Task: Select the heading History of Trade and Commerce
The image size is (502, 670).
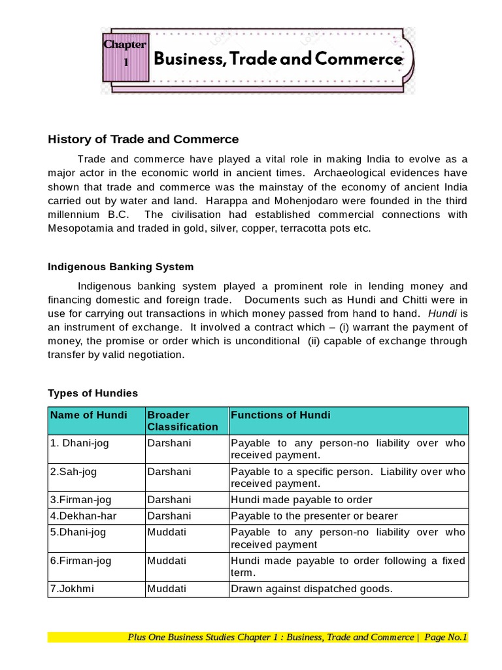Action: click(143, 139)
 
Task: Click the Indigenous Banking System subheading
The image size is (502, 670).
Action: click(121, 267)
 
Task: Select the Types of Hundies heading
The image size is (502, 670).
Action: click(93, 393)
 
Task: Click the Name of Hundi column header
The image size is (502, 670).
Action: click(89, 415)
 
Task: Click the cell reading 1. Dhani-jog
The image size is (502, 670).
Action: click(80, 443)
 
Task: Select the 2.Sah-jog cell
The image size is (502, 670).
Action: click(74, 472)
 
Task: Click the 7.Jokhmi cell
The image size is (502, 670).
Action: click(72, 589)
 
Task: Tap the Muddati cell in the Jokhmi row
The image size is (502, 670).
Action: click(167, 589)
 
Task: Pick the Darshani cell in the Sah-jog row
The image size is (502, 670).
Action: click(169, 472)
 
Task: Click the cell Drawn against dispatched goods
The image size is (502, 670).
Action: click(312, 589)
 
